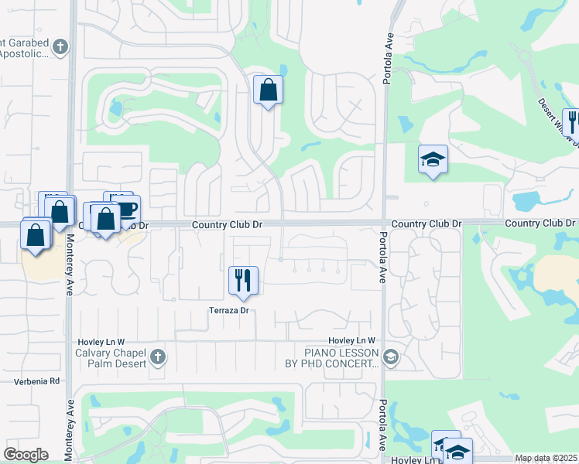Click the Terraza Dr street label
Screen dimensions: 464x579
click(228, 310)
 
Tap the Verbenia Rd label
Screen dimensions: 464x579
click(37, 381)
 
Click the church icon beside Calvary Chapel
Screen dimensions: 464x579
click(158, 357)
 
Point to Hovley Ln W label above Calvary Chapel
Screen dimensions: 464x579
click(101, 341)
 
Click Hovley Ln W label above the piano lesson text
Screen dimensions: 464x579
click(351, 340)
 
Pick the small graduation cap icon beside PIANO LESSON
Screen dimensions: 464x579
click(391, 357)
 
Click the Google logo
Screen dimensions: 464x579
click(26, 455)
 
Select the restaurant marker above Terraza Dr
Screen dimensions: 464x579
click(243, 280)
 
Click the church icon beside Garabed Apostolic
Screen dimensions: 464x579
click(60, 47)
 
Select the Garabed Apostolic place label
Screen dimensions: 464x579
click(25, 47)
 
